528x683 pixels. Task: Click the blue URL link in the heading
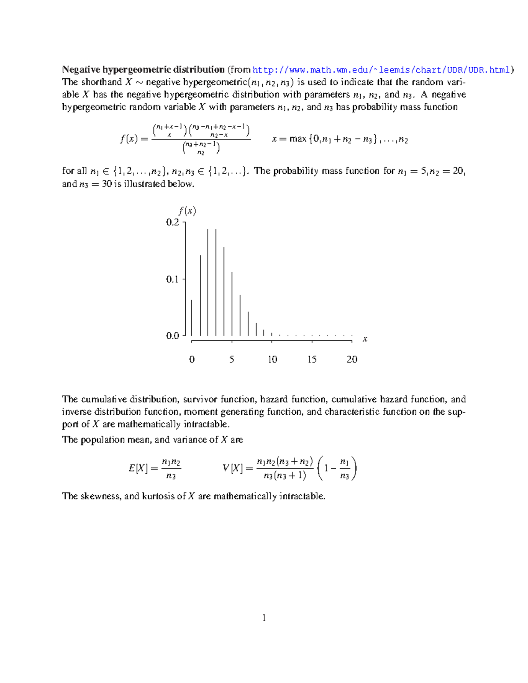click(x=381, y=70)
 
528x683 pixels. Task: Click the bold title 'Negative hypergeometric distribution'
click(x=143, y=69)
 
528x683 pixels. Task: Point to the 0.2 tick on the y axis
click(x=173, y=222)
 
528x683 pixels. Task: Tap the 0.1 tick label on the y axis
click(x=173, y=279)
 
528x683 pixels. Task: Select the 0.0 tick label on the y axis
click(x=173, y=336)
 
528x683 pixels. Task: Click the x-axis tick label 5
click(x=232, y=359)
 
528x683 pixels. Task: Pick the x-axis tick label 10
click(x=272, y=359)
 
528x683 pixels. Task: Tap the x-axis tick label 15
click(x=312, y=359)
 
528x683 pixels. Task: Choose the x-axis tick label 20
click(x=352, y=359)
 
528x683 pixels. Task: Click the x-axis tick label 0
click(x=192, y=359)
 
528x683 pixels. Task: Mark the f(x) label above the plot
click(x=187, y=211)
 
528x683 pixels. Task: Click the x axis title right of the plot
click(x=365, y=339)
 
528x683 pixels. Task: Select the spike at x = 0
click(x=192, y=318)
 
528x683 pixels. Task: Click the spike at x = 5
click(x=232, y=303)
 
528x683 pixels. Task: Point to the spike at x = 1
click(x=200, y=295)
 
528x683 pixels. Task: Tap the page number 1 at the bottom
click(x=264, y=618)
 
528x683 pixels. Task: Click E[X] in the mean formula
click(x=138, y=468)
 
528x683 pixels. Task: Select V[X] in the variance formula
click(x=232, y=468)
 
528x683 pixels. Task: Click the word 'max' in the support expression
click(x=298, y=139)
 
